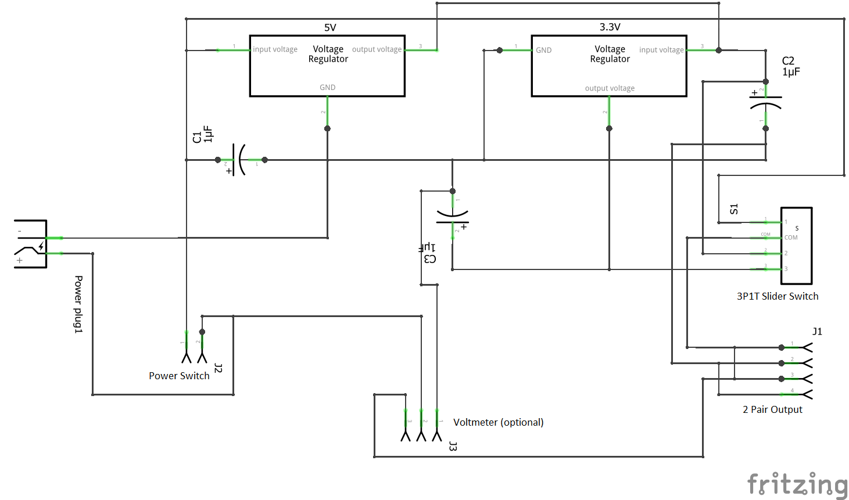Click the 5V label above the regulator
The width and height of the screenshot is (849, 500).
click(x=329, y=27)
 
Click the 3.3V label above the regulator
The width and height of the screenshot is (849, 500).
click(x=610, y=27)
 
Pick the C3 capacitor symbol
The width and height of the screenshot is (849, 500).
click(x=452, y=217)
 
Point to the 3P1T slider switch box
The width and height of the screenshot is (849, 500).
click(x=796, y=246)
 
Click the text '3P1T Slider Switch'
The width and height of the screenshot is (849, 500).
click(x=777, y=296)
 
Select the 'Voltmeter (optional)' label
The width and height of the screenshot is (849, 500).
click(x=498, y=422)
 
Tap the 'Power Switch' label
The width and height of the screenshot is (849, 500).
click(x=179, y=376)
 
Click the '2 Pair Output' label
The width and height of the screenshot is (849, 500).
click(x=772, y=409)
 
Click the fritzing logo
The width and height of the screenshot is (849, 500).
click(x=797, y=484)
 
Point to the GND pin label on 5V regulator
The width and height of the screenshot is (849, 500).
click(x=327, y=88)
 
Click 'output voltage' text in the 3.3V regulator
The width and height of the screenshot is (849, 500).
click(x=610, y=88)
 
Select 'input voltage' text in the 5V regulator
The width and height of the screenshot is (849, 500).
click(x=275, y=49)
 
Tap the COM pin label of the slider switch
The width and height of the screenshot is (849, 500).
click(x=790, y=238)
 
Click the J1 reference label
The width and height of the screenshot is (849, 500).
click(x=817, y=332)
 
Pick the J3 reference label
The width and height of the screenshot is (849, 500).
click(x=453, y=446)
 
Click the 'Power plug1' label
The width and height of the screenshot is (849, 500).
click(x=78, y=304)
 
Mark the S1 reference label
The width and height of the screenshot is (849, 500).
click(x=734, y=209)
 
